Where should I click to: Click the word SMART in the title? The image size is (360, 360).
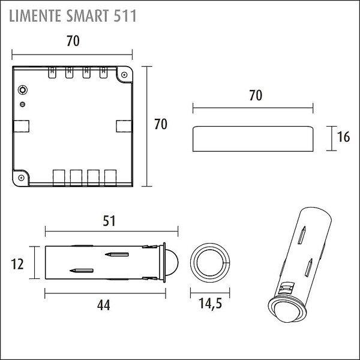click(87, 16)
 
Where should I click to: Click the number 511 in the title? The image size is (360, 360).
click(125, 16)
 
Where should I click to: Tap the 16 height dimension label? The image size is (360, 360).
click(343, 137)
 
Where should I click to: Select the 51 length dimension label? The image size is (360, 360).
click(109, 221)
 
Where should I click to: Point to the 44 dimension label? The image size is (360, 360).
click(104, 305)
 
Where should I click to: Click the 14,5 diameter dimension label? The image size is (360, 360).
click(211, 304)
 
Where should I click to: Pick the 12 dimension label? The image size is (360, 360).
click(17, 264)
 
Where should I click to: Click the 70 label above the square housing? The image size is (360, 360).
click(73, 41)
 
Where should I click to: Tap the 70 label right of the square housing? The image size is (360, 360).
click(161, 124)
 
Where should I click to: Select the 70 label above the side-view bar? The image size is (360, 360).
click(256, 95)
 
